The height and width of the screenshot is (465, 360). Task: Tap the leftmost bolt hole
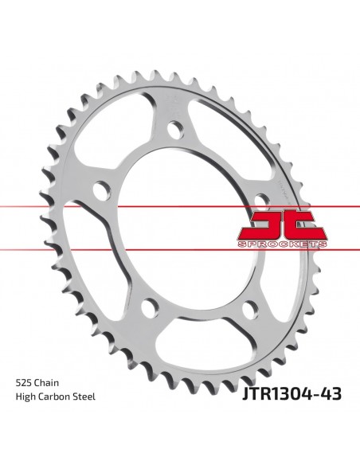100,190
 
